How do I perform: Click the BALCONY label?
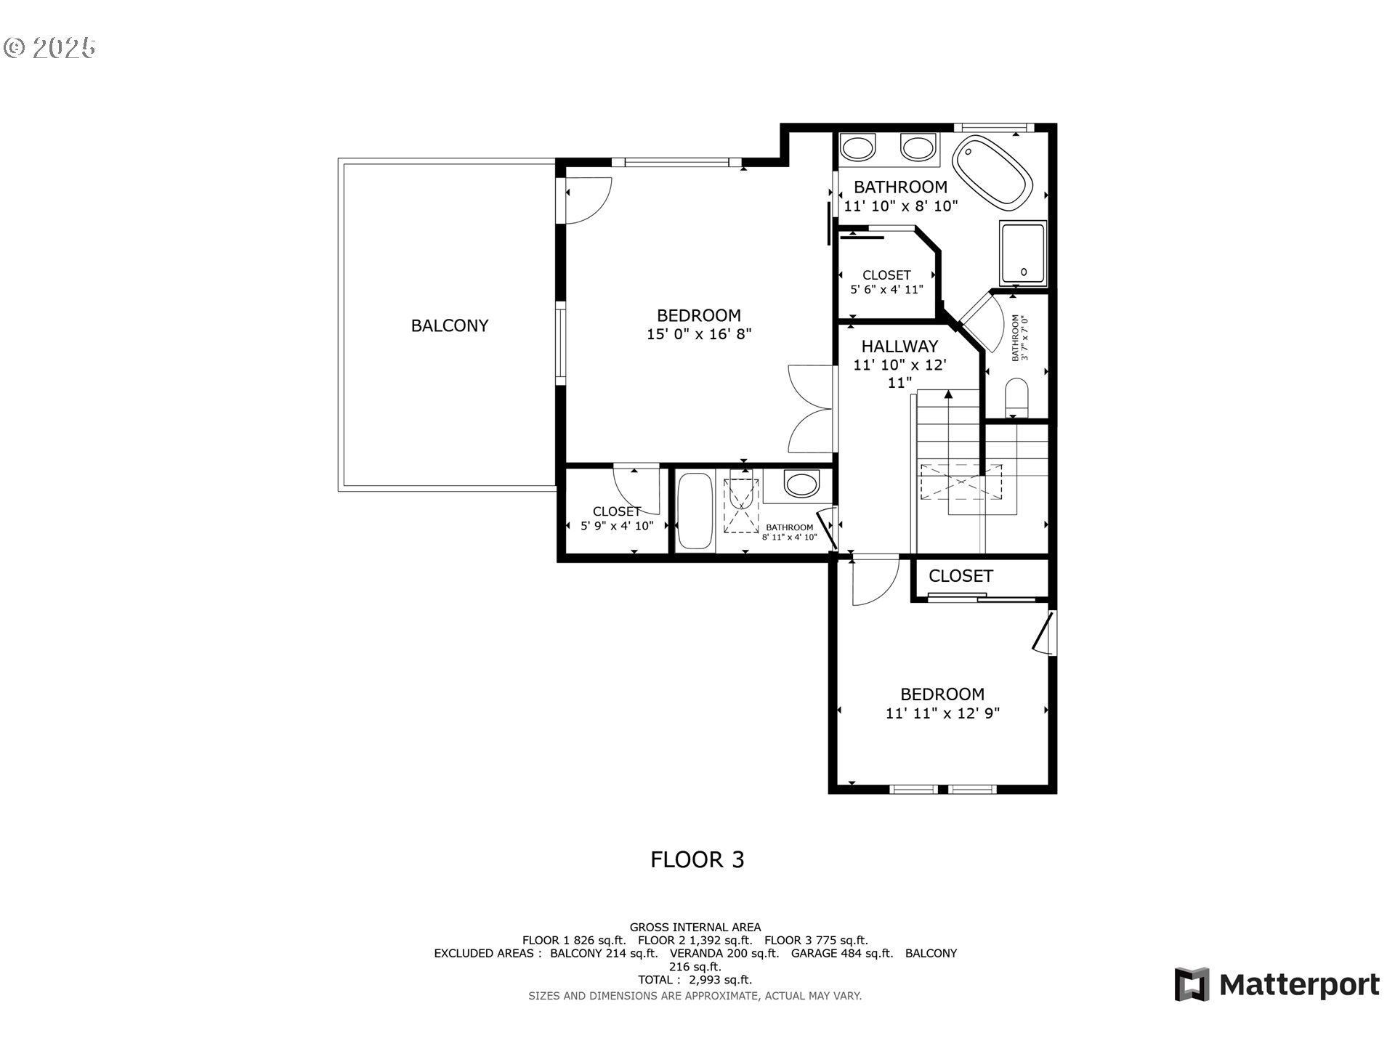point(450,325)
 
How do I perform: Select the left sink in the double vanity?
point(857,148)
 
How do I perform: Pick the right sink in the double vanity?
point(918,148)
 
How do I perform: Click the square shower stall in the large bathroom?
point(1023,254)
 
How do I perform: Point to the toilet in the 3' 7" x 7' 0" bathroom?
point(1017,398)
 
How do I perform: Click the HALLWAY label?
point(899,346)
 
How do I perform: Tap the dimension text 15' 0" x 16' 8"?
point(699,334)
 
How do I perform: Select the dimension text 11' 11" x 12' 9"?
point(942,713)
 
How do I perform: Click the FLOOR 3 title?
point(697,860)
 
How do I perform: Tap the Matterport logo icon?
point(1192,984)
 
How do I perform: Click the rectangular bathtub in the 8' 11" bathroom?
point(695,511)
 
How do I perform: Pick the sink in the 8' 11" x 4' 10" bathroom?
point(801,484)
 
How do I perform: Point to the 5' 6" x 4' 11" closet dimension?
point(886,289)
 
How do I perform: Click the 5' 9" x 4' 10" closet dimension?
point(617,526)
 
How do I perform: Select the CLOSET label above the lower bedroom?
point(961,576)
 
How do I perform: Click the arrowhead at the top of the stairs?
point(948,394)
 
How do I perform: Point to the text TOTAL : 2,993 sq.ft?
point(695,980)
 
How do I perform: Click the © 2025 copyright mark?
point(49,48)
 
